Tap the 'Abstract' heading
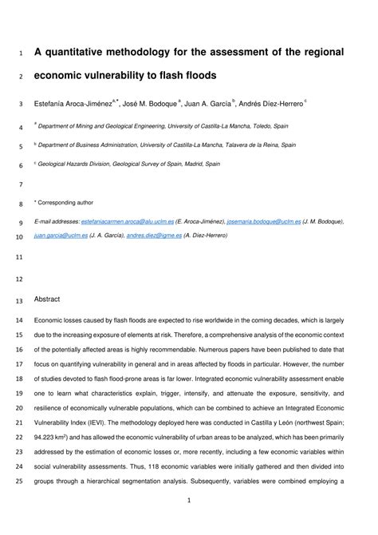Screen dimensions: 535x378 click(47, 299)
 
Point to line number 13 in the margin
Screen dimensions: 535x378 click(19, 301)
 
